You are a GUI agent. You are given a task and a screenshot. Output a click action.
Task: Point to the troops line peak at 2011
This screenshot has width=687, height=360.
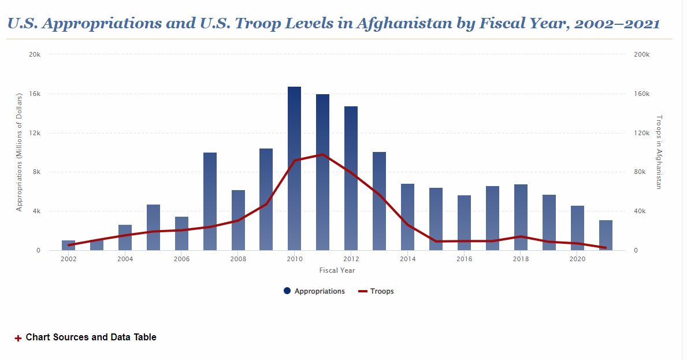click(322, 154)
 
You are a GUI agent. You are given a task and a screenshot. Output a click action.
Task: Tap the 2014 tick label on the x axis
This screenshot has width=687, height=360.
click(408, 259)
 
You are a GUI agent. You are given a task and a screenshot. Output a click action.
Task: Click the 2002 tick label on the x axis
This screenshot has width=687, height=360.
click(69, 259)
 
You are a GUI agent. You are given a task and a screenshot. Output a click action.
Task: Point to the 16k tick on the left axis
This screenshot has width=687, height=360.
click(35, 94)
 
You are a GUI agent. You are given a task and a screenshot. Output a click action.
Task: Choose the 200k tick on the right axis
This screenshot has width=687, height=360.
click(642, 54)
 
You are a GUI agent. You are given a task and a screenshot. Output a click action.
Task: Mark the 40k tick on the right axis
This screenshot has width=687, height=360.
click(640, 211)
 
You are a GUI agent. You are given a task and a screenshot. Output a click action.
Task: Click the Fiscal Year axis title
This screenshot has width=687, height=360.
click(337, 270)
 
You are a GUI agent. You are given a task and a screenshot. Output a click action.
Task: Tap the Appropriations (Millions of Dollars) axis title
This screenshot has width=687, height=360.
click(19, 151)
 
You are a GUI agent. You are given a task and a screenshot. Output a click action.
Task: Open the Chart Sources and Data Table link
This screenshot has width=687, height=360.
click(91, 337)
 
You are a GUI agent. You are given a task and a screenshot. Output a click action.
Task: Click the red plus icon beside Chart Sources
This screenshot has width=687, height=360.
click(18, 338)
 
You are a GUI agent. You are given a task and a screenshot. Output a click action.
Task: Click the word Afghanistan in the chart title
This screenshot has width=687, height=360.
click(403, 24)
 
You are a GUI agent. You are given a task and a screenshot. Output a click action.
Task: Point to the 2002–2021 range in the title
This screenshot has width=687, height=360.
click(617, 24)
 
